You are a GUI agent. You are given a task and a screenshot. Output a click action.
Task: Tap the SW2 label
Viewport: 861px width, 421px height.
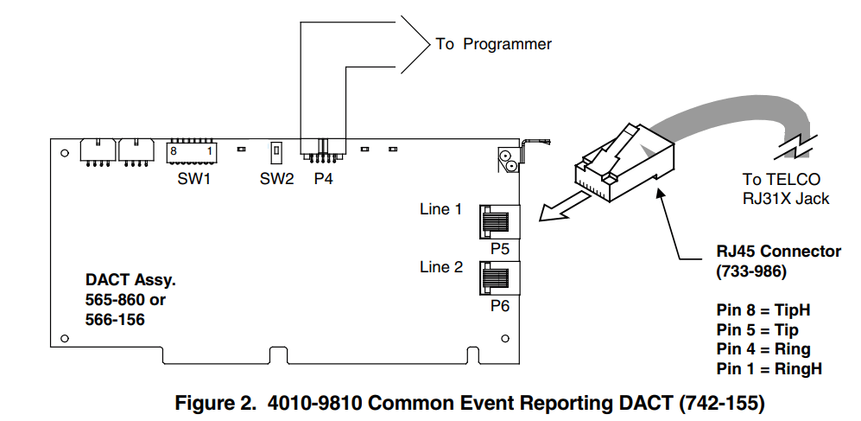[x=276, y=180]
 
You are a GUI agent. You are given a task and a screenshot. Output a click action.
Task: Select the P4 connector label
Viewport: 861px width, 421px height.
[x=324, y=180]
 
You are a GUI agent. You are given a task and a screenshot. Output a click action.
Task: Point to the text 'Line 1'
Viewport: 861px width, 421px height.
[x=440, y=209]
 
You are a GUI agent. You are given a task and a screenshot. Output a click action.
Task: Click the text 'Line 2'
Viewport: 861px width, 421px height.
[x=440, y=267]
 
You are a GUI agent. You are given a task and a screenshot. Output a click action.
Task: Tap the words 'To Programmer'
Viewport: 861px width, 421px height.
[x=493, y=44]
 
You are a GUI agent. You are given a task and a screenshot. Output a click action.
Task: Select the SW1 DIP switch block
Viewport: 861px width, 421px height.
[x=191, y=150]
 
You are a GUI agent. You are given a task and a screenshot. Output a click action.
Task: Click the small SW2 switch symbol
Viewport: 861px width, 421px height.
[x=276, y=151]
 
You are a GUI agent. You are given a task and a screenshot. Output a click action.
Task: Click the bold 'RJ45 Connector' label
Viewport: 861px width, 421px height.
[x=778, y=252]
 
